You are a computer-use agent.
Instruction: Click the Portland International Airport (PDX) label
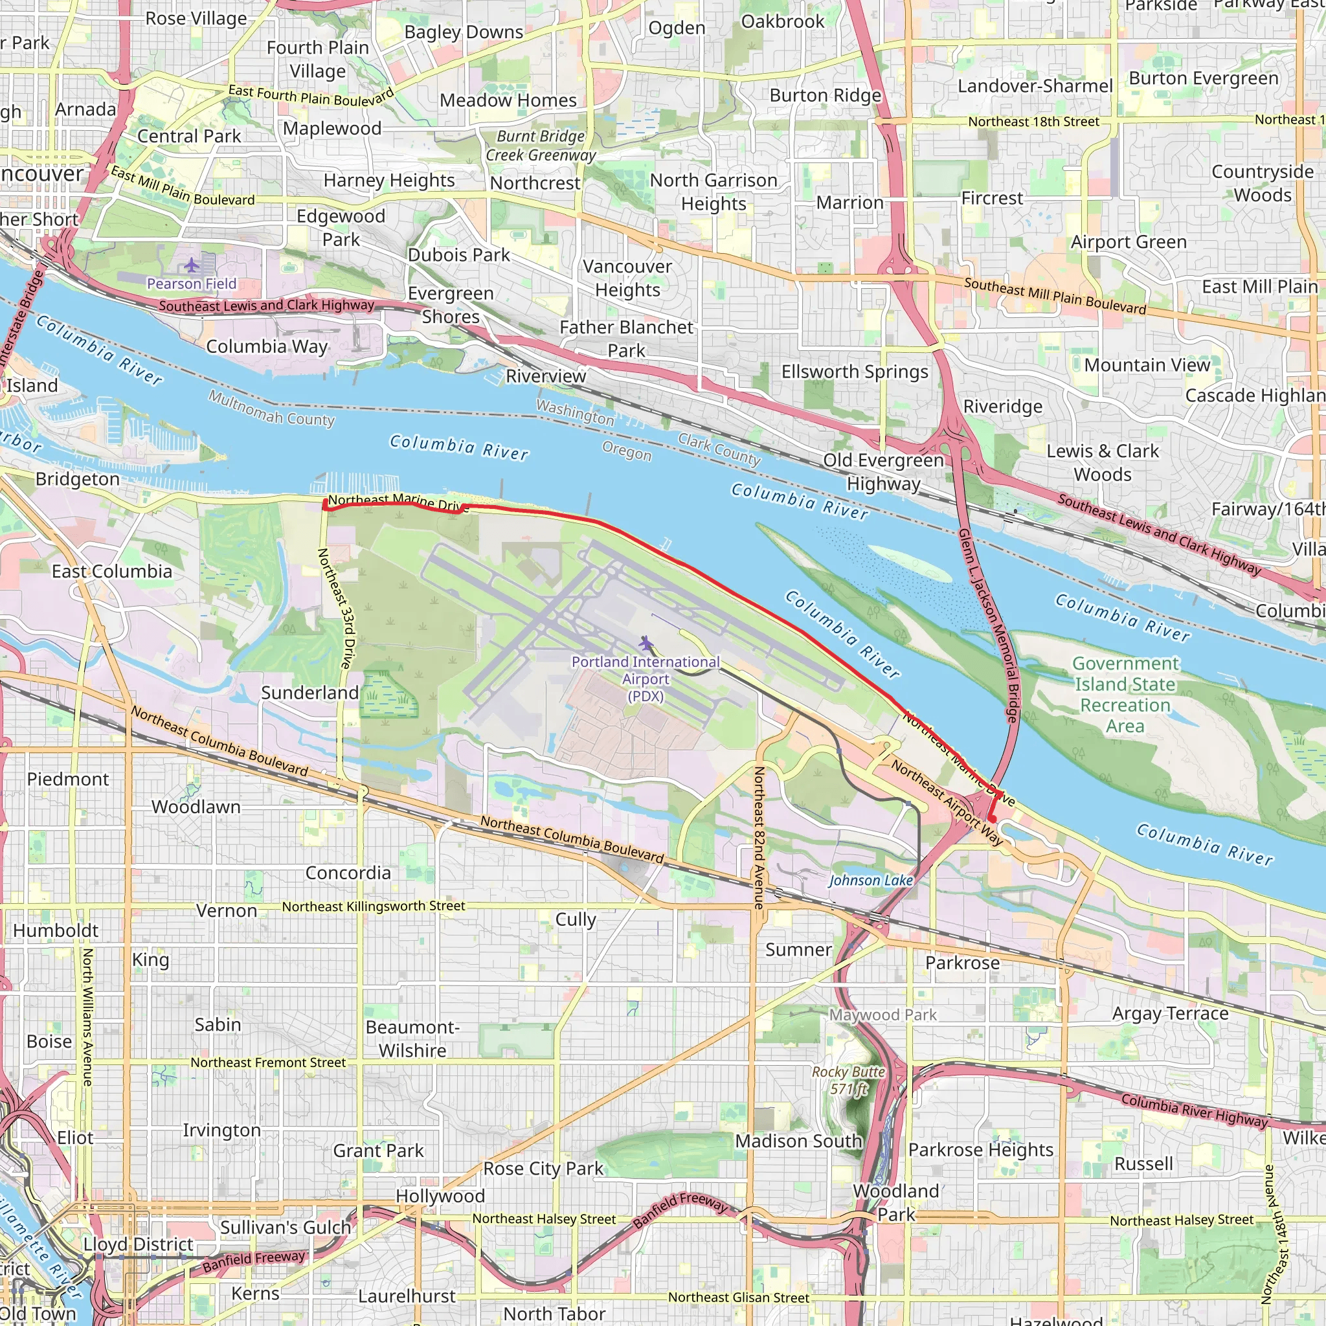645,678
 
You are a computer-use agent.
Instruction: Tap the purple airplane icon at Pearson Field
191,264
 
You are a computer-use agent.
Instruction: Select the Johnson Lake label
870,880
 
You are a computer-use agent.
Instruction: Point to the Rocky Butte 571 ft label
848,1079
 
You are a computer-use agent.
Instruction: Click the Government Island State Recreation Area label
1125,695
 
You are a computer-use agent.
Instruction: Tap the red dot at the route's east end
992,819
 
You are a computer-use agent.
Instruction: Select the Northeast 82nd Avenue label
759,837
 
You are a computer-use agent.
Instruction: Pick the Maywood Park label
882,1015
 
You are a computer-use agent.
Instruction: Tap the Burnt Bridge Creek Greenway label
541,146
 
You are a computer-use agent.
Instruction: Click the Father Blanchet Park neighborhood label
626,339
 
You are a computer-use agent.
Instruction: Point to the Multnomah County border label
271,408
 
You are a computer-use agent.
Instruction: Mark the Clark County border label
719,449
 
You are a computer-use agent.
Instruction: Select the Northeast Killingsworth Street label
374,906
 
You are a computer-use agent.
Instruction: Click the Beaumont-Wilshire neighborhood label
412,1039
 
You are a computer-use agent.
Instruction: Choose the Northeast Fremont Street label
267,1062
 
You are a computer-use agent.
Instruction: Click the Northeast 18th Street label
1033,122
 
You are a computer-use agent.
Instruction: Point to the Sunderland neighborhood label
309,693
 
